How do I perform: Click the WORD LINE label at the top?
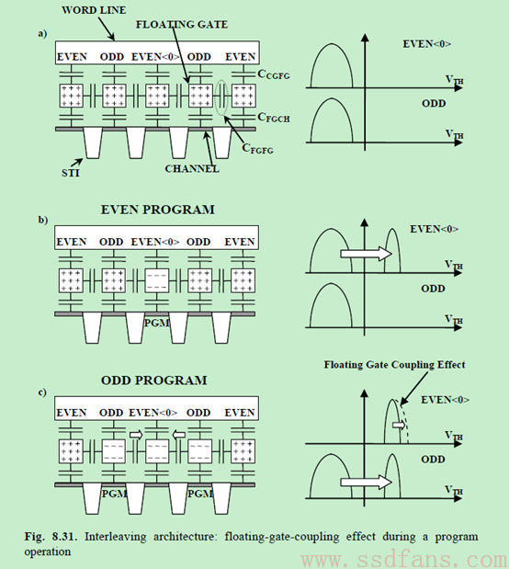tap(94, 10)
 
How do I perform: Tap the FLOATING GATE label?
tap(182, 24)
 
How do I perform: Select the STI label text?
tap(71, 173)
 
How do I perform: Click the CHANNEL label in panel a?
tap(192, 169)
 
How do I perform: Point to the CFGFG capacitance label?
tap(257, 148)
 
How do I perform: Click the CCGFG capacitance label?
tap(274, 74)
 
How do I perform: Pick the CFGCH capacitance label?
tap(274, 118)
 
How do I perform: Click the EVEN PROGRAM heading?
tap(157, 210)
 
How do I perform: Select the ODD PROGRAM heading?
tap(154, 381)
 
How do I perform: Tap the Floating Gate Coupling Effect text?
tap(394, 364)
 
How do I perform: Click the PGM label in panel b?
tap(157, 323)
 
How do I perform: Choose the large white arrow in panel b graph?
tap(366, 254)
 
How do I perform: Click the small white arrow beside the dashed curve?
tap(399, 425)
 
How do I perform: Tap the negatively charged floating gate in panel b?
tap(157, 280)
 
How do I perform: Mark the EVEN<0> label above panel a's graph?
tap(427, 44)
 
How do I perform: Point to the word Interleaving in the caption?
tap(116, 537)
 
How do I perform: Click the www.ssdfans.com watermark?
tap(403, 560)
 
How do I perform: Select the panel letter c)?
tap(42, 393)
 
